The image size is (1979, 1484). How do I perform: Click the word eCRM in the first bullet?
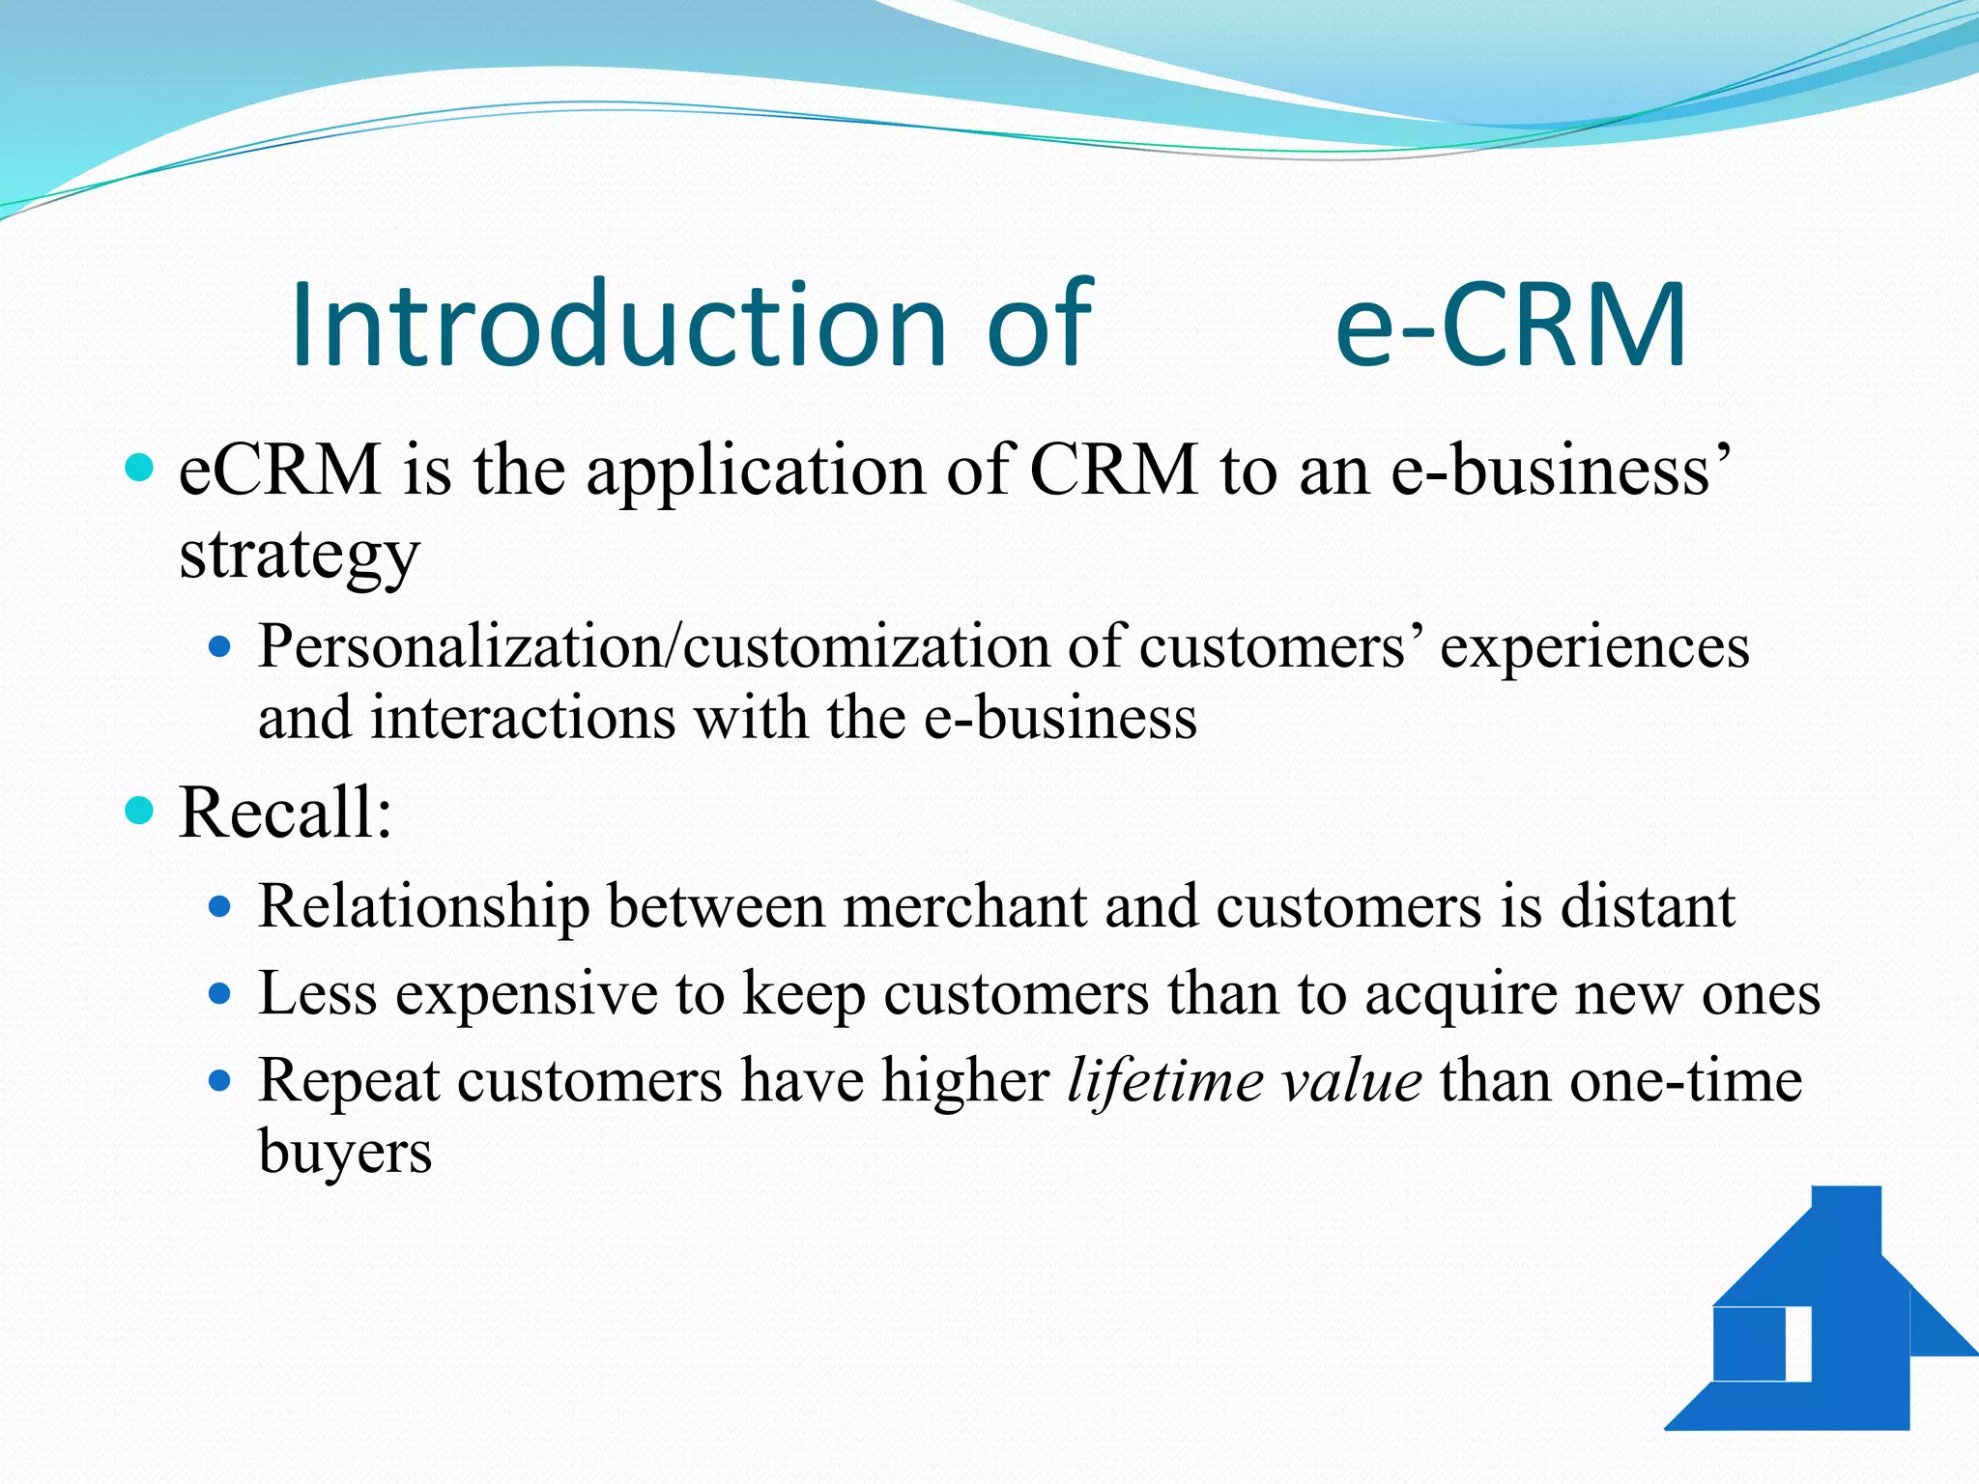(x=280, y=471)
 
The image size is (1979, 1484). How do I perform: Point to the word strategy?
(x=300, y=556)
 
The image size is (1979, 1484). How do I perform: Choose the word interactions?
(x=522, y=719)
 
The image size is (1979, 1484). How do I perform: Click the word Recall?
(x=286, y=813)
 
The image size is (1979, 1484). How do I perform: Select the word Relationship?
(x=423, y=908)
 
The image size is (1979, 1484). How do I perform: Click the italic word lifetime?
(x=1163, y=1080)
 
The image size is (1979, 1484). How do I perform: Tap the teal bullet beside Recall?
(x=140, y=810)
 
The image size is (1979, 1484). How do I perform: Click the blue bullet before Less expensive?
(x=220, y=993)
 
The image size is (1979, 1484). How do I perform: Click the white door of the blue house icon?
(x=1798, y=1344)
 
